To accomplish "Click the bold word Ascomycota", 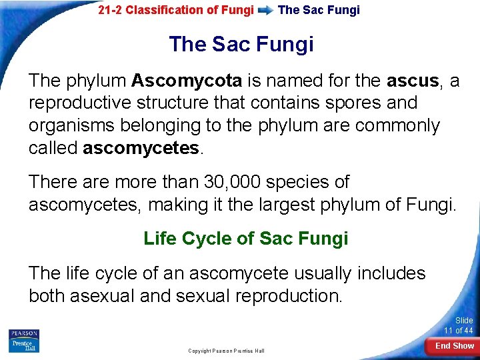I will (x=187, y=81).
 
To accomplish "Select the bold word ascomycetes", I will (x=141, y=148).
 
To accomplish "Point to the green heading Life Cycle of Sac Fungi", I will (x=245, y=239).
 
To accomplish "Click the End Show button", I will (x=454, y=346).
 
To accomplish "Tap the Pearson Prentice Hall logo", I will (x=24, y=341).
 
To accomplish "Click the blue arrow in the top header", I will (x=265, y=11).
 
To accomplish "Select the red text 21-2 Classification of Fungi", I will (x=176, y=10).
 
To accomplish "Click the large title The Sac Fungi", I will (x=241, y=45).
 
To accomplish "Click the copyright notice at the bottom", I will (x=226, y=351).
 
